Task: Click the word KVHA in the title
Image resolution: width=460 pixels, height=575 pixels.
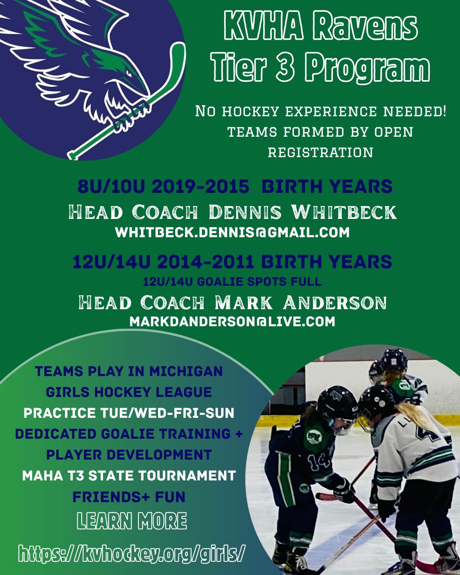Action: tap(264, 26)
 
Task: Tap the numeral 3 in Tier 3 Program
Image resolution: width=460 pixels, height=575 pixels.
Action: tap(285, 67)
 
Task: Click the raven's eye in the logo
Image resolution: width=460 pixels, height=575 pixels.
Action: tap(129, 73)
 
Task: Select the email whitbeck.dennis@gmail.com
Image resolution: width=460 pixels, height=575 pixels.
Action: tap(232, 232)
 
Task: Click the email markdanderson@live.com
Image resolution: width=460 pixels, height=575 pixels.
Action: tap(232, 322)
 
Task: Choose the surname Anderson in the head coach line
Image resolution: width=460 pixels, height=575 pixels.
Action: tap(335, 303)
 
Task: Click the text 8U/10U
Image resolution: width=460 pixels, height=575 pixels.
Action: tap(111, 186)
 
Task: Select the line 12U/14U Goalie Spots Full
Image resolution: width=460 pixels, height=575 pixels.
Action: tap(232, 282)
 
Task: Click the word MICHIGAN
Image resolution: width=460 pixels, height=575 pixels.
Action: tap(186, 371)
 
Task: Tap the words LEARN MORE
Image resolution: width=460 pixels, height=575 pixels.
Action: tap(132, 520)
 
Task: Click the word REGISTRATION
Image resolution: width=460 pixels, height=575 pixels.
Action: tap(320, 152)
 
